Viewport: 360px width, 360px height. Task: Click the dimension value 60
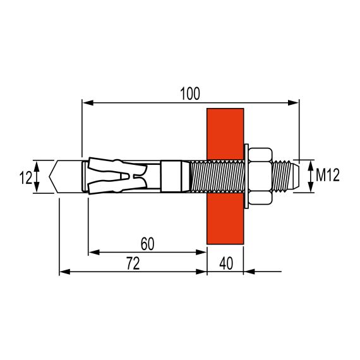pyautogui.click(x=147, y=243)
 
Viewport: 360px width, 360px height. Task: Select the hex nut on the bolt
pyautogui.click(x=261, y=177)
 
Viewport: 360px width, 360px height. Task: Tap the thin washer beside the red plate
pyautogui.click(x=246, y=177)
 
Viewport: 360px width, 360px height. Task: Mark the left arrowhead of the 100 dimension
pyautogui.click(x=87, y=102)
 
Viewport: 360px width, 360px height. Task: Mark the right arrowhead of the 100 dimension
pyautogui.click(x=294, y=102)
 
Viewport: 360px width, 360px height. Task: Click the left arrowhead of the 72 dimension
pyautogui.click(x=63, y=272)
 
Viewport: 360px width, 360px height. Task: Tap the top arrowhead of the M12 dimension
pyautogui.click(x=311, y=164)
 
